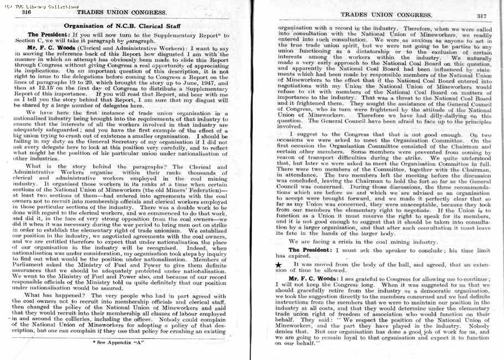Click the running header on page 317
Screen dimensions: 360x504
[x=379, y=15]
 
